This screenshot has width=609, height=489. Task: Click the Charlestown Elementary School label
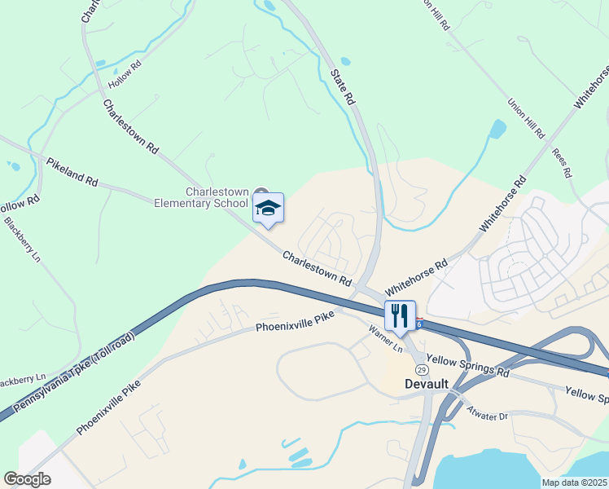pyautogui.click(x=202, y=197)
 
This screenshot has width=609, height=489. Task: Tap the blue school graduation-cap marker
pyautogui.click(x=268, y=208)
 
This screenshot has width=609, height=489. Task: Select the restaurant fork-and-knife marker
pyautogui.click(x=400, y=315)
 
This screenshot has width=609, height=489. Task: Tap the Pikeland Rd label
pyautogui.click(x=72, y=172)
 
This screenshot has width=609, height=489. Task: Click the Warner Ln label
pyautogui.click(x=386, y=339)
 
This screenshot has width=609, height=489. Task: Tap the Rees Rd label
pyautogui.click(x=561, y=163)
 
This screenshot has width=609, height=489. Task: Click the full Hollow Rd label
pyautogui.click(x=125, y=78)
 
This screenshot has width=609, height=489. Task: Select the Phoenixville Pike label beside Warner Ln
pyautogui.click(x=295, y=327)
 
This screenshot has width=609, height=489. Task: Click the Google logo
pyautogui.click(x=27, y=478)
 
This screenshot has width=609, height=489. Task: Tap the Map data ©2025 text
pyautogui.click(x=574, y=482)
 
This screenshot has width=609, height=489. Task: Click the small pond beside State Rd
pyautogui.click(x=345, y=61)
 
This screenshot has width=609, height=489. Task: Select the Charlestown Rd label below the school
pyautogui.click(x=318, y=268)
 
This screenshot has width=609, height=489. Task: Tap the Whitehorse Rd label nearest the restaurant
pyautogui.click(x=417, y=276)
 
